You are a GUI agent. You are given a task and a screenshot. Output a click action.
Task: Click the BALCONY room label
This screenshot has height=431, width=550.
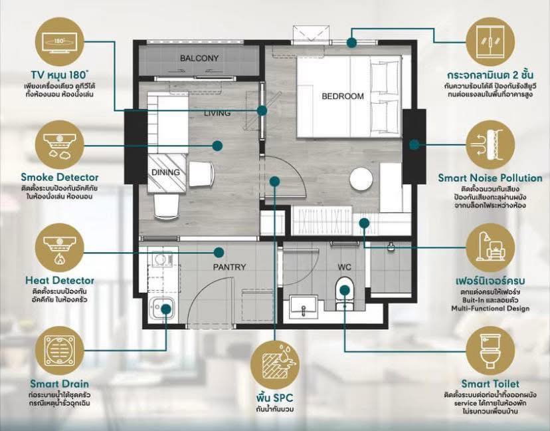click(199, 59)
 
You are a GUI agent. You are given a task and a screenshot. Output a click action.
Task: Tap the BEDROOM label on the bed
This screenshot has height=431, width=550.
click(343, 96)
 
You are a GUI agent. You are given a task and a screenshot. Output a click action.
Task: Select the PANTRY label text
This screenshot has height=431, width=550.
click(229, 267)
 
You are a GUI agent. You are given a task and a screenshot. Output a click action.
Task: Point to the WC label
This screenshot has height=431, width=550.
click(344, 267)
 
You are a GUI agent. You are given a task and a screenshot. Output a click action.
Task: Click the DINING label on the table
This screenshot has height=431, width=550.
click(165, 172)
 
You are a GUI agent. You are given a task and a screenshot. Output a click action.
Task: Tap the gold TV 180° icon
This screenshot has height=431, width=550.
click(60, 41)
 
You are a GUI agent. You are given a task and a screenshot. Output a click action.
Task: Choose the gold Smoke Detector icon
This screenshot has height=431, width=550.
click(60, 144)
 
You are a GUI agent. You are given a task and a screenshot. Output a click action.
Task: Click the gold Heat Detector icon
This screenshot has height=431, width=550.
click(60, 247)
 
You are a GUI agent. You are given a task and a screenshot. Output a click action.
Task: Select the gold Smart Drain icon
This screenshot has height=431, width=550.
click(60, 351)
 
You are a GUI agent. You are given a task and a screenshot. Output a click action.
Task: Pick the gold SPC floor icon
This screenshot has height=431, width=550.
click(274, 364)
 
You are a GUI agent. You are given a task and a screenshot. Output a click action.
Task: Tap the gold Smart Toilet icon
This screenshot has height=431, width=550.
click(490, 351)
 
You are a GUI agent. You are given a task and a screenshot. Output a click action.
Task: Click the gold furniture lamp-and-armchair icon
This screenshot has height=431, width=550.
click(490, 247)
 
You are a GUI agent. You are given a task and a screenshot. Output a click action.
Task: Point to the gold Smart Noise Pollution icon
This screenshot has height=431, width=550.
click(490, 145)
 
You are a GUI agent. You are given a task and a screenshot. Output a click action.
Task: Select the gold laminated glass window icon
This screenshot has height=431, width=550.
click(490, 41)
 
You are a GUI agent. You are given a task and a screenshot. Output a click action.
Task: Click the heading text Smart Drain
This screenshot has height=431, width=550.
click(59, 384)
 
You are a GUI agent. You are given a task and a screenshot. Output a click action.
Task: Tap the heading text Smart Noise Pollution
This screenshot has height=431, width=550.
click(490, 178)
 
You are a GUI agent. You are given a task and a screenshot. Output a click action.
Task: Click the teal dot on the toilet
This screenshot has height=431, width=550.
click(345, 290)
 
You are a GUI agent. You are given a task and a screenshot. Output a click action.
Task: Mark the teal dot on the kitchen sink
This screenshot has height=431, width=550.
click(166, 309)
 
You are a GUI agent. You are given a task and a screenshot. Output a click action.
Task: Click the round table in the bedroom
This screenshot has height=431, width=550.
click(361, 179)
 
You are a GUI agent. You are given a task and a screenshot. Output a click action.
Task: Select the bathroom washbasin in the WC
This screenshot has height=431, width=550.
click(304, 307)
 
